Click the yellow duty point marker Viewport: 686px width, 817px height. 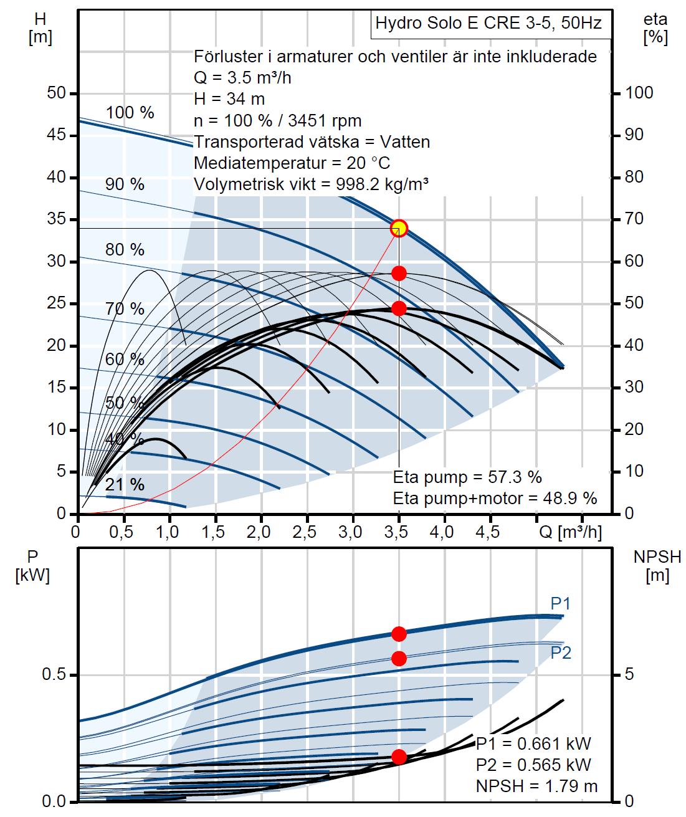[x=399, y=228]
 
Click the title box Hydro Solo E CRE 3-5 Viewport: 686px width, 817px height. [x=488, y=24]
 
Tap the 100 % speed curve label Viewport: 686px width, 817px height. [x=130, y=113]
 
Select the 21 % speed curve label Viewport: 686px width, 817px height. [x=125, y=484]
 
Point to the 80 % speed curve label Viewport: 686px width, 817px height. [x=125, y=250]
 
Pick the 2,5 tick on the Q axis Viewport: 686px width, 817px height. [x=307, y=533]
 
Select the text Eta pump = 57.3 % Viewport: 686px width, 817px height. [x=467, y=478]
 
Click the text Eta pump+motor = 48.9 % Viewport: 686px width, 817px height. [x=495, y=498]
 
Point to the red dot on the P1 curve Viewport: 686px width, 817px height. [x=399, y=634]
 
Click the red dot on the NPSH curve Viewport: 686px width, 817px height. [x=399, y=757]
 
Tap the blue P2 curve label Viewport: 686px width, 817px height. [x=561, y=652]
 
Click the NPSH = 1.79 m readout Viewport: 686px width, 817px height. [x=536, y=786]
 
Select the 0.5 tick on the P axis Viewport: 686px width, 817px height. [x=54, y=676]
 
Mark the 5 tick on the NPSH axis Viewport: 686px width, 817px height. [x=629, y=675]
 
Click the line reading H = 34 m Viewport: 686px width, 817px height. [x=229, y=98]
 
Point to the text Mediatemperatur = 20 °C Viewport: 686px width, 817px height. [x=292, y=163]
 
